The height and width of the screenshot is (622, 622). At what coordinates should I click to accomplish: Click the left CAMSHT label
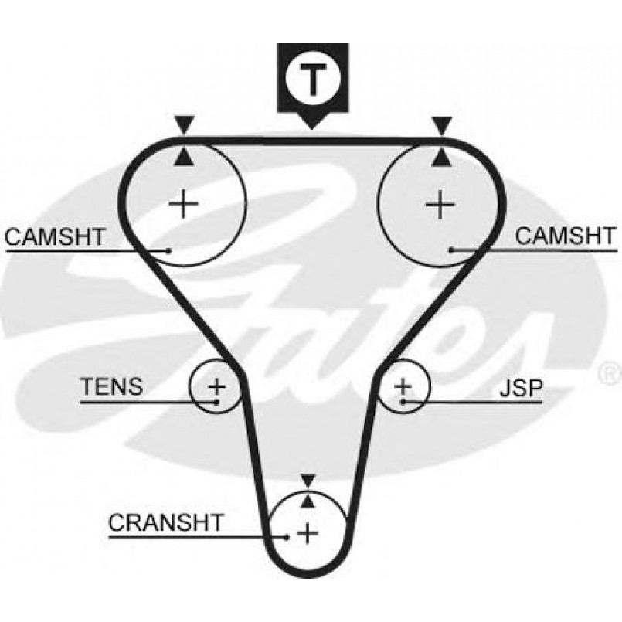(x=54, y=236)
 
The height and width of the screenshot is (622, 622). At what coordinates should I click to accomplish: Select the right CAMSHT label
(x=566, y=236)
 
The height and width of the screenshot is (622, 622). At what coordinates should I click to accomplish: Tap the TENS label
(x=111, y=386)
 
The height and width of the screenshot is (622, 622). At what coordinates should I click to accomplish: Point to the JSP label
(x=519, y=387)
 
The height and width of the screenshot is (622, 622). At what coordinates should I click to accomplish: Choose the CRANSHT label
(x=165, y=522)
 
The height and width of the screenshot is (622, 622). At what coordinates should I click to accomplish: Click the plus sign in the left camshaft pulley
(x=184, y=205)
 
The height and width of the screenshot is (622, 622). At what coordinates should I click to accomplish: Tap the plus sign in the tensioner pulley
(x=217, y=385)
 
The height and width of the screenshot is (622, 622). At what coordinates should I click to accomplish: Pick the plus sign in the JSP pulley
(x=403, y=385)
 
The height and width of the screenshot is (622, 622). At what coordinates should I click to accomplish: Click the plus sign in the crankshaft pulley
(x=308, y=532)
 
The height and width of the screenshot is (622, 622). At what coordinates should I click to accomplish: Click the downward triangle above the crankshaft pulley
(x=308, y=481)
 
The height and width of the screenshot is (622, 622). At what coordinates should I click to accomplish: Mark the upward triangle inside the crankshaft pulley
(x=308, y=501)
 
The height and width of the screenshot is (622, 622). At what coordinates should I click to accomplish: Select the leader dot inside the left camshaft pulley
(x=168, y=250)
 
